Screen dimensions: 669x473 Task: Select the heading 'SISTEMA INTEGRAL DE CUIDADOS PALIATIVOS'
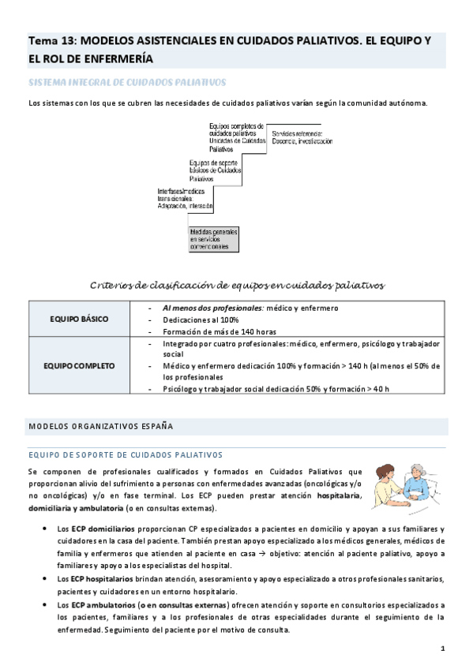pos(127,82)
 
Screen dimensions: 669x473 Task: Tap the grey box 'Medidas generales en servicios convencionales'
pos(213,239)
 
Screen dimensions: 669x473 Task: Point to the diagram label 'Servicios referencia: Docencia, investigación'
pos(302,137)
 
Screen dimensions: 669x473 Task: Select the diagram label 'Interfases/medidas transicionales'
pos(186,198)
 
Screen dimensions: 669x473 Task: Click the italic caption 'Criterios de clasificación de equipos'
pos(237,284)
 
